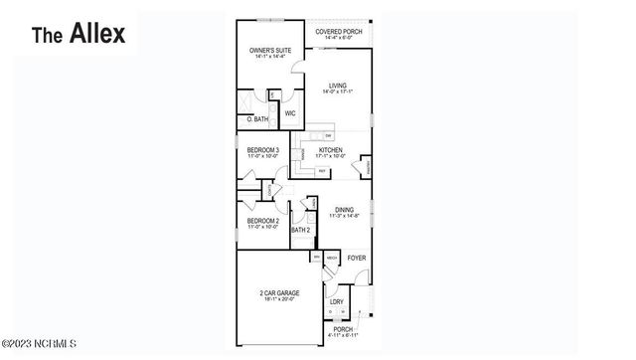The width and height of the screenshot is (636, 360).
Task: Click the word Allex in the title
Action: [96, 34]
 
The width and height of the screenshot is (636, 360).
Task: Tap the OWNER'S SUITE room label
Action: [268, 50]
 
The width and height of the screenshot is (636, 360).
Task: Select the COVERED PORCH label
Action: [339, 32]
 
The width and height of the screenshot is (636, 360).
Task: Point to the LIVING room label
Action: [338, 87]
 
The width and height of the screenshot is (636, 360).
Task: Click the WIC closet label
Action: [290, 113]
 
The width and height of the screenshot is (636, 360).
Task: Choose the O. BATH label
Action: [258, 119]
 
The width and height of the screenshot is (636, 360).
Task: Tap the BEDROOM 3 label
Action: [263, 150]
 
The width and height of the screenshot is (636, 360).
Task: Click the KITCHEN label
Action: [331, 150]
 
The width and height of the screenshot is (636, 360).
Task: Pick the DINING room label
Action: [344, 210]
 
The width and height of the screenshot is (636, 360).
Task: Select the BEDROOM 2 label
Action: [263, 222]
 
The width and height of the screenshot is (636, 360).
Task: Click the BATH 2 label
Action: [301, 231]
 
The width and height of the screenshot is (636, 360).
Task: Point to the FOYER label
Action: [356, 258]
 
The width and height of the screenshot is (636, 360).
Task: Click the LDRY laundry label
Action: [337, 300]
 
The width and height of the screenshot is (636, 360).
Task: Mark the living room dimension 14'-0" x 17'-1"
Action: [338, 92]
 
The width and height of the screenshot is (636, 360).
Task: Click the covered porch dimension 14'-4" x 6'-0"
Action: [339, 38]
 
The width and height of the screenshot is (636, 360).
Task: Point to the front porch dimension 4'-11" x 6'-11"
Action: [343, 335]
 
